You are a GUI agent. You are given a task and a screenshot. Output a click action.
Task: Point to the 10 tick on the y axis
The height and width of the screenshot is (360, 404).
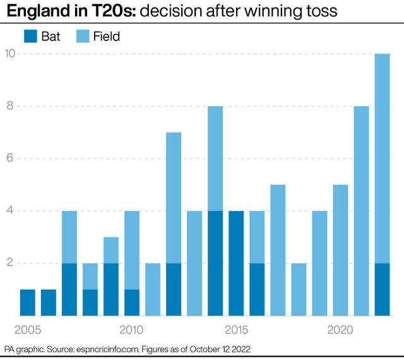(10, 54)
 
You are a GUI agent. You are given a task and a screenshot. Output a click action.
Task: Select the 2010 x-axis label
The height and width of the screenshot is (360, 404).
(131, 329)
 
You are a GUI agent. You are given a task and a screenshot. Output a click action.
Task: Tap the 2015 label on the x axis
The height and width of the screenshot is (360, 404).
(236, 329)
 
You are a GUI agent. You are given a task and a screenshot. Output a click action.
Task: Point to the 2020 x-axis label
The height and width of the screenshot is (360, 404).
(340, 329)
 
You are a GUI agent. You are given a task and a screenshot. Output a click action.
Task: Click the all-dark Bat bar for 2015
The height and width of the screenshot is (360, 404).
(236, 263)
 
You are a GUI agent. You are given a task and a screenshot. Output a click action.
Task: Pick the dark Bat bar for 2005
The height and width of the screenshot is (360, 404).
(27, 303)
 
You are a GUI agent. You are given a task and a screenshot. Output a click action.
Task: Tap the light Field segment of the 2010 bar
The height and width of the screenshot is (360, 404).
(132, 250)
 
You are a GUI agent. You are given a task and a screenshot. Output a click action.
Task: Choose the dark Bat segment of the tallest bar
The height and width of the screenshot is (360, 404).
(382, 289)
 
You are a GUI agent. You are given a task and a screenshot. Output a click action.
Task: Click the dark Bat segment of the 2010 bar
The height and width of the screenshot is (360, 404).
(132, 303)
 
